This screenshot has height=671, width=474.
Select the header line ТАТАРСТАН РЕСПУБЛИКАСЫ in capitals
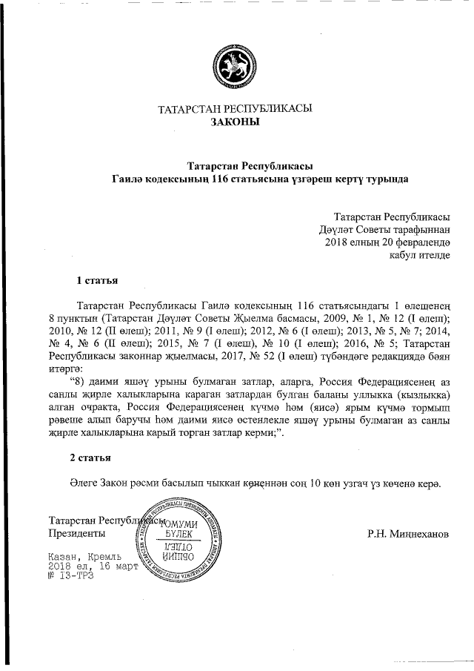[236, 109]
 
